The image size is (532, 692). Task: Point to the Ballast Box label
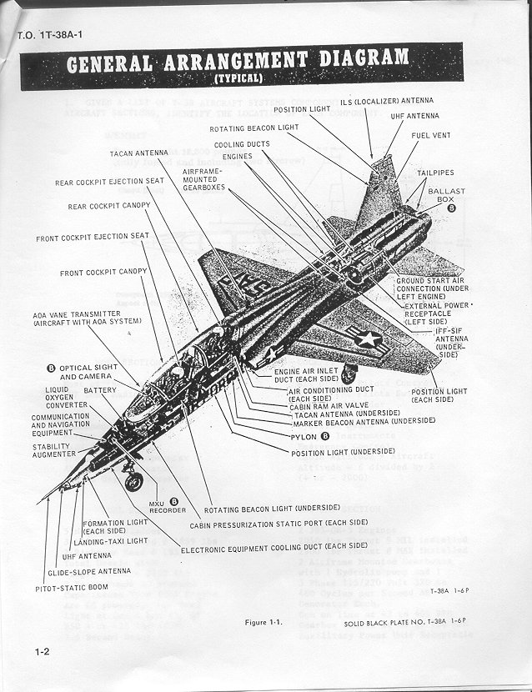(447, 196)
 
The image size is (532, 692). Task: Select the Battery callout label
(99, 390)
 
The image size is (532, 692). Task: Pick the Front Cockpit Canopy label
(103, 273)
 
